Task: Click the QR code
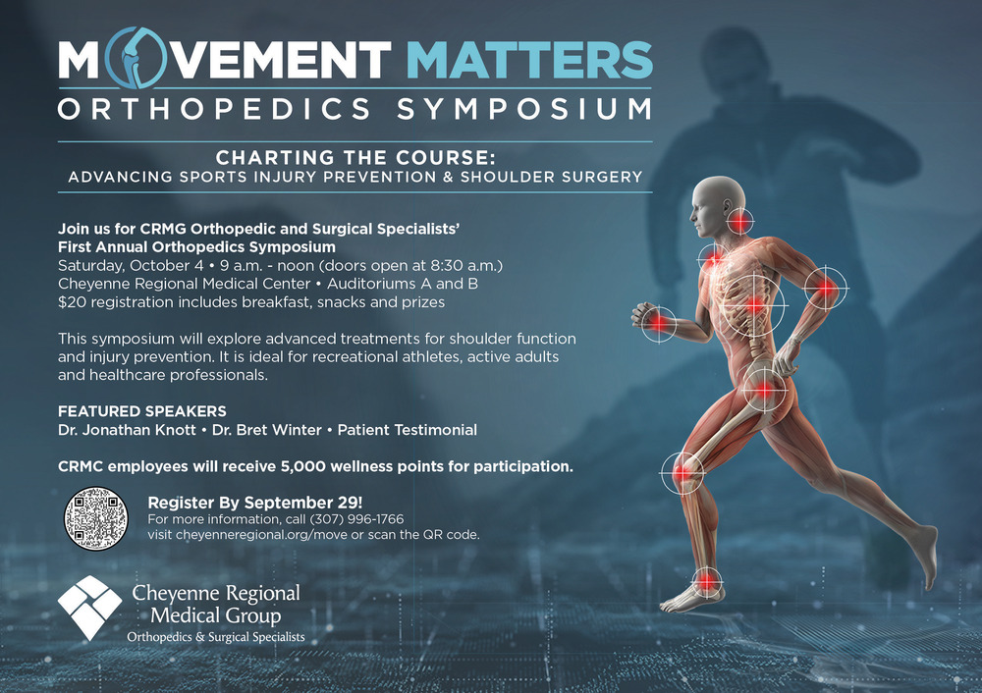coord(96,519)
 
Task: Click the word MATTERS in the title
coord(529,60)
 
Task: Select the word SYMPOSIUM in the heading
coord(524,109)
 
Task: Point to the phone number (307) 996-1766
coord(357,519)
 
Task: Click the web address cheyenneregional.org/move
coord(261,535)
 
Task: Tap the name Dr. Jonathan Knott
coord(127,430)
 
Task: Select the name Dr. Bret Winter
coord(267,430)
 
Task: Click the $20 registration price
coord(70,301)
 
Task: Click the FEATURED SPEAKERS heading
coord(142,411)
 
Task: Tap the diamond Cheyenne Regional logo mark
coord(89,608)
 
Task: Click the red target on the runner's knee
coord(682,473)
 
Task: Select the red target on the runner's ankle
coord(706,581)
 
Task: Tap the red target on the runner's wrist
coord(658,324)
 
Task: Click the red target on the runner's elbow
coord(826,289)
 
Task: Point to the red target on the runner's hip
coord(763,391)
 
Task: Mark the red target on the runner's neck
coord(739,222)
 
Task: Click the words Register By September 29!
coord(255,502)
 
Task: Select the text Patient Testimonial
coord(408,430)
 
